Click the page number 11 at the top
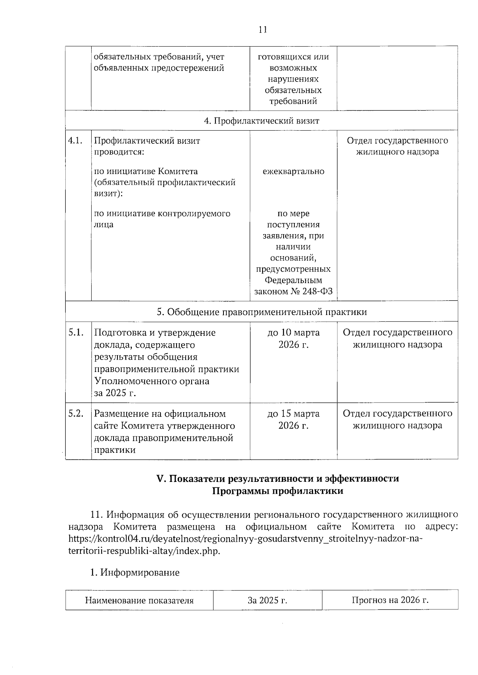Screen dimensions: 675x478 pyautogui.click(x=262, y=30)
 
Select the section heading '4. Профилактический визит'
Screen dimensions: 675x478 pyautogui.click(x=261, y=121)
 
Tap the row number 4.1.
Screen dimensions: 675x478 pyautogui.click(x=75, y=141)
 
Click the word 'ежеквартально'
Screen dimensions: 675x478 pyautogui.click(x=293, y=172)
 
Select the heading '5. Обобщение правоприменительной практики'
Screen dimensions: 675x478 pyautogui.click(x=261, y=312)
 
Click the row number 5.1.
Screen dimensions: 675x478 pyautogui.click(x=75, y=333)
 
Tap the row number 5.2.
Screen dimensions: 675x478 pyautogui.click(x=75, y=414)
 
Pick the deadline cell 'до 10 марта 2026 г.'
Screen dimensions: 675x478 pyautogui.click(x=293, y=338)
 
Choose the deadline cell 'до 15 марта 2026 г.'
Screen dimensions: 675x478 pyautogui.click(x=293, y=420)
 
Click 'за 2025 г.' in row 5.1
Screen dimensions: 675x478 pyautogui.click(x=115, y=393)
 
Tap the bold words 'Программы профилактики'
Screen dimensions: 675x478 pyautogui.click(x=277, y=491)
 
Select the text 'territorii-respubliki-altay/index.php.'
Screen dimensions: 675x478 pyautogui.click(x=144, y=552)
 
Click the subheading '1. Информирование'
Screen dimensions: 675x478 pyautogui.click(x=135, y=573)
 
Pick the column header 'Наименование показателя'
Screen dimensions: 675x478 pyautogui.click(x=139, y=601)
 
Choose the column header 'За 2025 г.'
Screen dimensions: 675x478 pyautogui.click(x=267, y=601)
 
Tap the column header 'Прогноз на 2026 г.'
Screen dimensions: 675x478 pyautogui.click(x=390, y=600)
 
